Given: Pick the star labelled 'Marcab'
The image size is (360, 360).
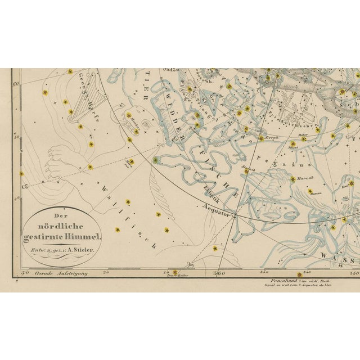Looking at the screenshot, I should click(x=293, y=179).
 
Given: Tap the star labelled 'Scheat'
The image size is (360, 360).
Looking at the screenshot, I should click(x=293, y=148).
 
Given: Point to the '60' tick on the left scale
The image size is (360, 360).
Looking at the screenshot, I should click(x=16, y=83).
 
